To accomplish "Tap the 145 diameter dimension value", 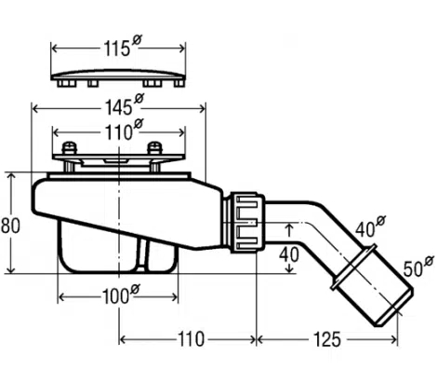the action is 124,105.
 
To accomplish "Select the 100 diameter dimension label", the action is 121,295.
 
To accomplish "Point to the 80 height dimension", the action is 10,226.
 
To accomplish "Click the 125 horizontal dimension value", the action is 327,339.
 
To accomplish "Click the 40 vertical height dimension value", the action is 289,254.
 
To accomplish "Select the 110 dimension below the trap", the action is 191,339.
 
